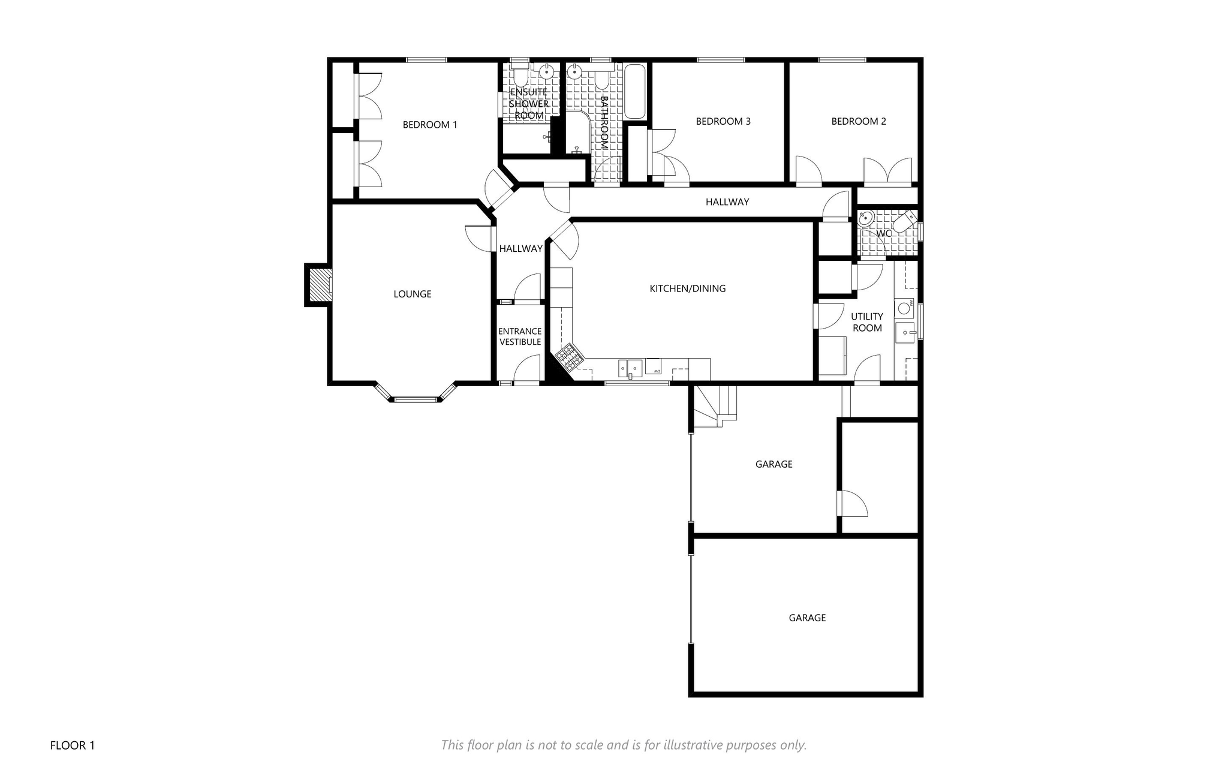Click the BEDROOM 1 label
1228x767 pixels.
(x=430, y=125)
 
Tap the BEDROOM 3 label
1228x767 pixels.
(x=723, y=121)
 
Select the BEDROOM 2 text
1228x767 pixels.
(x=859, y=121)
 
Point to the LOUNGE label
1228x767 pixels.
(x=413, y=294)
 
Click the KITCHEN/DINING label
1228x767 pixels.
(x=688, y=288)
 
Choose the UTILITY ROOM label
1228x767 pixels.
(x=867, y=322)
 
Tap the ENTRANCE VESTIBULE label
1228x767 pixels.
(x=520, y=336)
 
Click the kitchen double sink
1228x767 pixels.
(x=631, y=367)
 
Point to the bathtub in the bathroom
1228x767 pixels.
(x=635, y=93)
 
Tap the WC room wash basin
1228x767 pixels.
(x=865, y=219)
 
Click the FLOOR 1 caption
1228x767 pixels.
(x=73, y=745)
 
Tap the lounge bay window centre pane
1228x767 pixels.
(x=416, y=399)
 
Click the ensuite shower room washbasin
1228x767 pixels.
(x=546, y=72)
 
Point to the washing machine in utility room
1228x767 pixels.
(x=904, y=309)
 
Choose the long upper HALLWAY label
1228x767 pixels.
(x=727, y=202)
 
